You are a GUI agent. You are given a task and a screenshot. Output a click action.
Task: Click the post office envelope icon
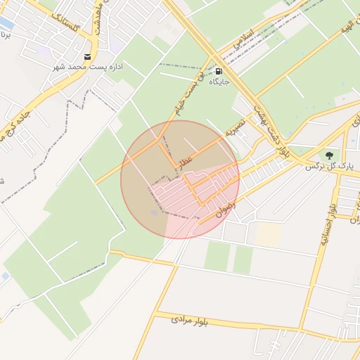point(87,56)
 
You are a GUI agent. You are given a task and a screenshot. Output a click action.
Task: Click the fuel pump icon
point(219,71)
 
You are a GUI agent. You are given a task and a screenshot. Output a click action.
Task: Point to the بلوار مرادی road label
point(190,321)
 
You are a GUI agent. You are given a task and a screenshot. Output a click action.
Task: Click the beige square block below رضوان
point(269,234)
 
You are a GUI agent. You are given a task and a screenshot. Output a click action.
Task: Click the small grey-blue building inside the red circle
point(155,212)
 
